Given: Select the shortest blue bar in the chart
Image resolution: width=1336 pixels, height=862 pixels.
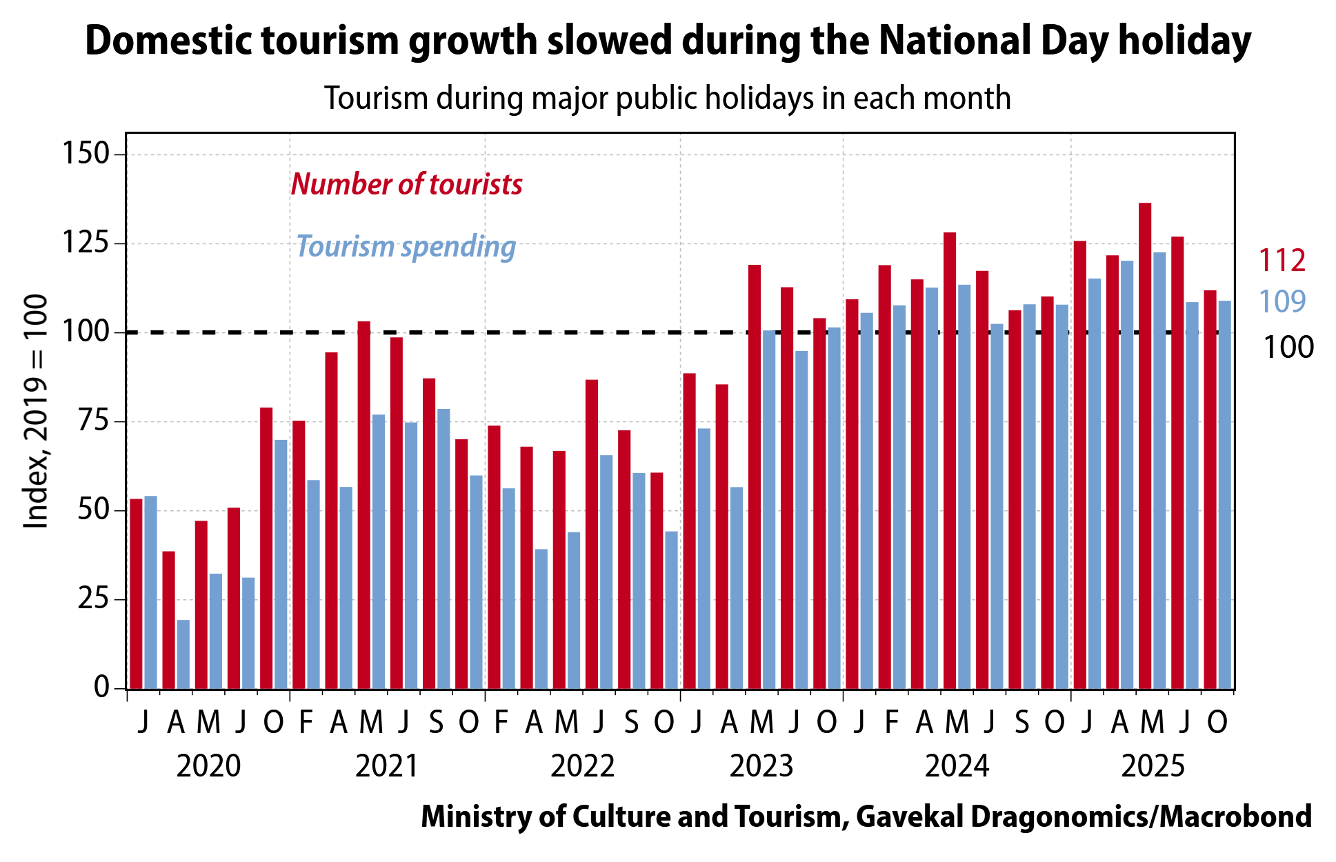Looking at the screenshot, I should tap(183, 654).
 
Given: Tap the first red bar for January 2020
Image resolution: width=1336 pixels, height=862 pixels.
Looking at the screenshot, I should tap(136, 594).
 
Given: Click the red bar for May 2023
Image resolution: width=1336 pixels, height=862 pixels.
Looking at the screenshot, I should tap(755, 477).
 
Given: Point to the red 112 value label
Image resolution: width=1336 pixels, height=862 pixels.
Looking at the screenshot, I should tap(1282, 261).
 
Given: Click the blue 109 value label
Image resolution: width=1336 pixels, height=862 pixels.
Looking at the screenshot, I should tap(1282, 301).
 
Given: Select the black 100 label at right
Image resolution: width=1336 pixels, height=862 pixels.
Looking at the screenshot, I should tap(1288, 348).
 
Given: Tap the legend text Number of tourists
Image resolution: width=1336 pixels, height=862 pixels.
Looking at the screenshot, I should tap(406, 184).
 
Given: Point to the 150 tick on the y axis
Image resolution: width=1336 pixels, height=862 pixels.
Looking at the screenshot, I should tap(86, 153).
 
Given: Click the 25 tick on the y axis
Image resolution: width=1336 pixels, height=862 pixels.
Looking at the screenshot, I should tap(94, 599).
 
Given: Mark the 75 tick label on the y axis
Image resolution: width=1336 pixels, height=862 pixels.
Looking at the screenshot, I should tap(94, 421).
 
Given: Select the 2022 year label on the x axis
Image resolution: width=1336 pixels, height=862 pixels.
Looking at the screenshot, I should tap(582, 766).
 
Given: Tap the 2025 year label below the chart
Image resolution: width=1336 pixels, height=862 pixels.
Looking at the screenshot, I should tap(1153, 766).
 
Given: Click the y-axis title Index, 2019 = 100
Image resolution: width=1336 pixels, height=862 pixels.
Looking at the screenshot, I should tap(36, 412).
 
